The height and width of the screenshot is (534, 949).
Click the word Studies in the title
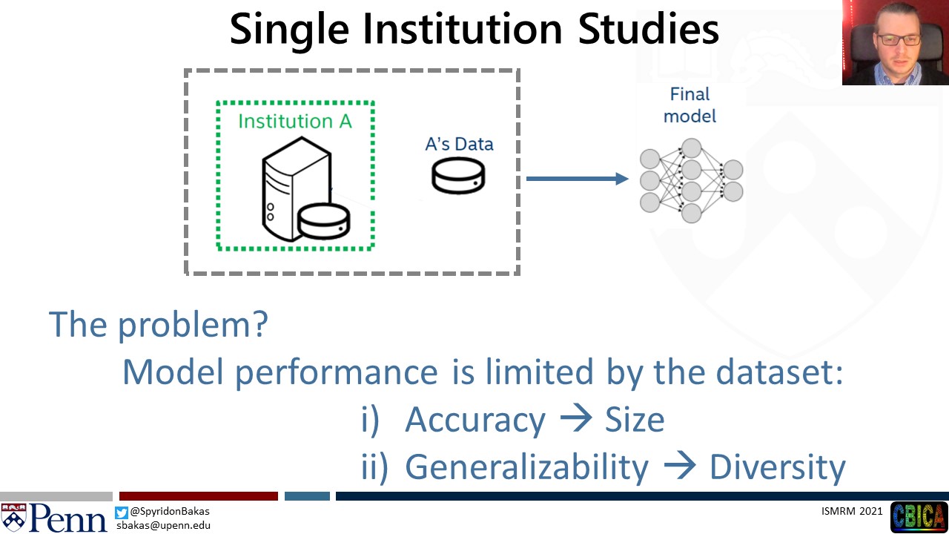648,28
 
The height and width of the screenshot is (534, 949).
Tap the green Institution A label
295,121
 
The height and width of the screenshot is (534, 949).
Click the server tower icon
297,189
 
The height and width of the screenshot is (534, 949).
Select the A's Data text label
459,144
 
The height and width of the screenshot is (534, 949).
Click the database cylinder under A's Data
458,176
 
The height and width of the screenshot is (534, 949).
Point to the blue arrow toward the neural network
577,179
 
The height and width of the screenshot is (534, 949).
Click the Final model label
690,105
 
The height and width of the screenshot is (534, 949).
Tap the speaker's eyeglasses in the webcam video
899,40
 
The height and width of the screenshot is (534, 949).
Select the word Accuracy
475,420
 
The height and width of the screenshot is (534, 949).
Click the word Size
635,420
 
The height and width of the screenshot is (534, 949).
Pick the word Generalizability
526,467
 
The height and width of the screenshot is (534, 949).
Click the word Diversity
778,467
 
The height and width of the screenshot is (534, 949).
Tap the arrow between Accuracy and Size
576,418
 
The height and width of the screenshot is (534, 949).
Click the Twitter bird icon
121,512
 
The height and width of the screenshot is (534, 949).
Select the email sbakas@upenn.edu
164,526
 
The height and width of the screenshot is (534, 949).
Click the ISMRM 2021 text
852,511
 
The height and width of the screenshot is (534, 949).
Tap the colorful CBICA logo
919,517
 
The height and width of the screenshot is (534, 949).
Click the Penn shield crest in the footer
13,517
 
